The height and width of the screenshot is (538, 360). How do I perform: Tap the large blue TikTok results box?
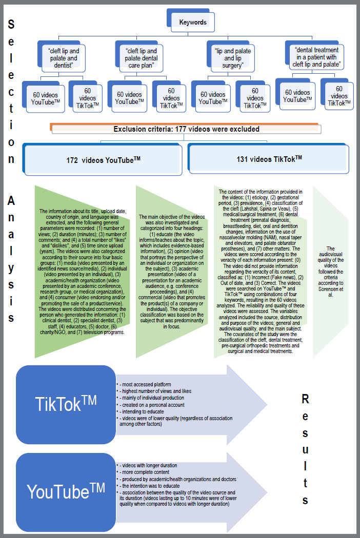pyautogui.click(x=66, y=404)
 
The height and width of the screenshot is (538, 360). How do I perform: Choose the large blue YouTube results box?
pyautogui.click(x=66, y=492)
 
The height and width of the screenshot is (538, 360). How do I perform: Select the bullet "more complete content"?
pyautogui.click(x=144, y=472)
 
